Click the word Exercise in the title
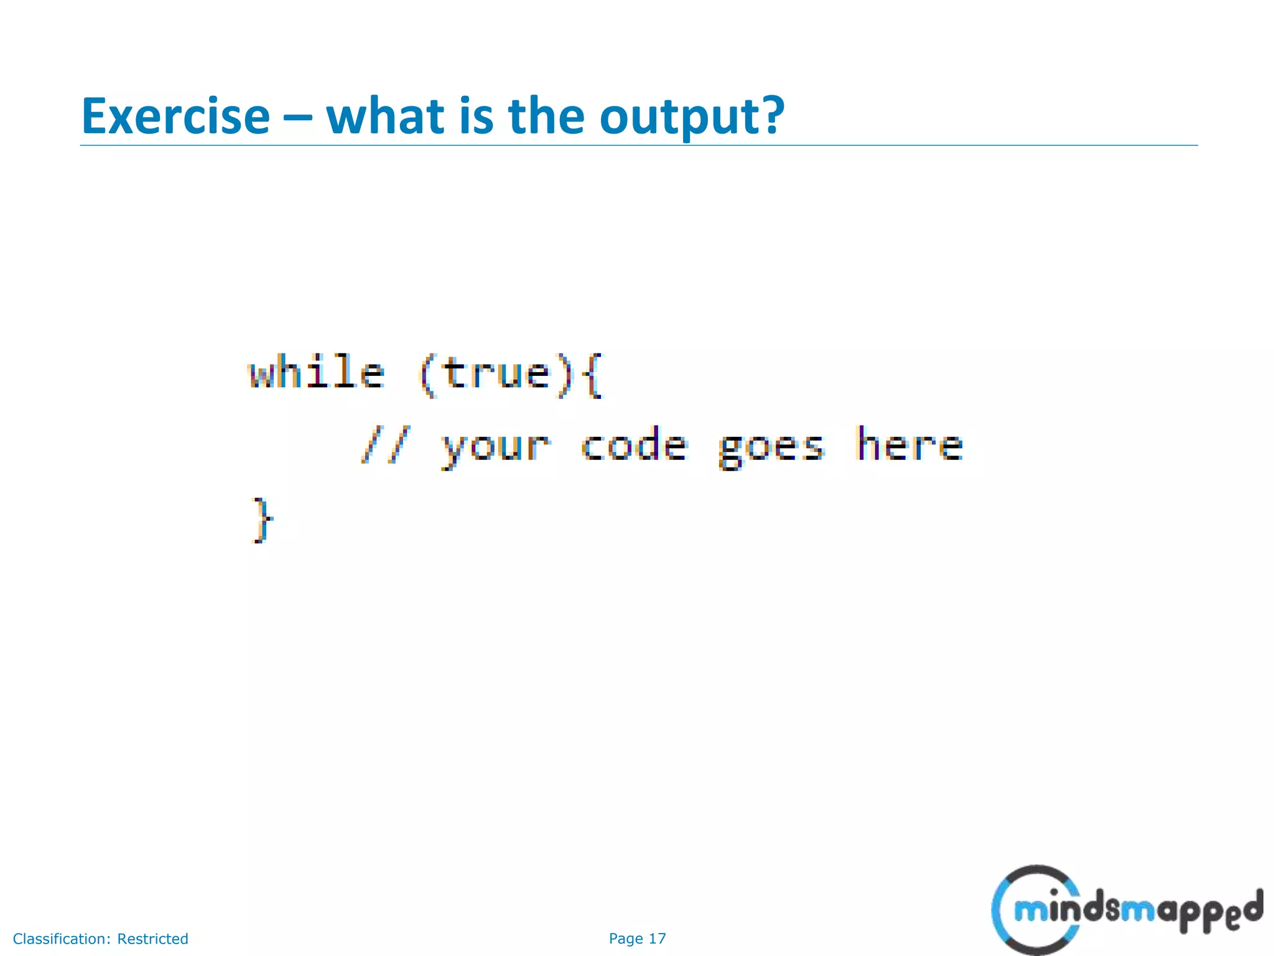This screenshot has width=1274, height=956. coord(175,116)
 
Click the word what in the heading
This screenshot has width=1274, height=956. coord(384,116)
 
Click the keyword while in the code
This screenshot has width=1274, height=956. coord(317,373)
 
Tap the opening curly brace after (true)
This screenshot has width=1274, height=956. coord(594,375)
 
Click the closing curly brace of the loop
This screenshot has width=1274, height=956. coord(262,520)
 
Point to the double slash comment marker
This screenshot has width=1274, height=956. coord(385,446)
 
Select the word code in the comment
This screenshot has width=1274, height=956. coord(634,446)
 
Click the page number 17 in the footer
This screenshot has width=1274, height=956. coord(657,939)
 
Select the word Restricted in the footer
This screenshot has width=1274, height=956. coord(152,939)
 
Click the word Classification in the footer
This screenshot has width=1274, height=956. coord(62,939)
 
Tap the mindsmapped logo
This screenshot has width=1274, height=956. coord(1126,910)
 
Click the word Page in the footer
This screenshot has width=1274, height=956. coord(626,939)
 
